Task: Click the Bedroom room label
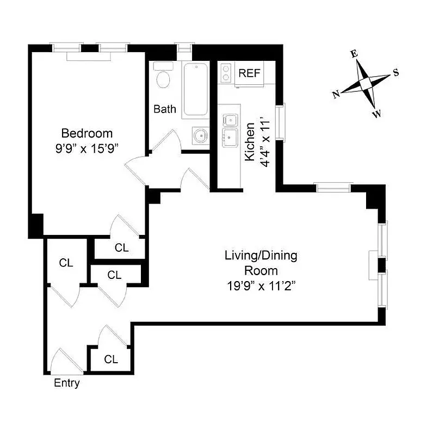(x=87, y=133)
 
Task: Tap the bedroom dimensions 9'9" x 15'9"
(x=87, y=147)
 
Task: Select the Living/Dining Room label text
(x=261, y=263)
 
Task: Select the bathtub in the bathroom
(x=194, y=90)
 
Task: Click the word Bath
(x=165, y=109)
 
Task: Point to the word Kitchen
(x=250, y=141)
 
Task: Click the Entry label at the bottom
(x=67, y=383)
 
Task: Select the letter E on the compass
(x=354, y=53)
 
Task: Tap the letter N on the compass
(x=336, y=94)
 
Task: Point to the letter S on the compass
(x=395, y=73)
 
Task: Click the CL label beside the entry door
(x=111, y=359)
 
